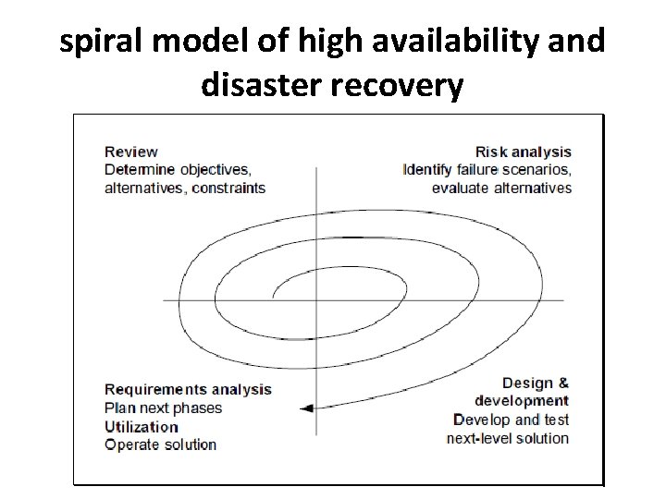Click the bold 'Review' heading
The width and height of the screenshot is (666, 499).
pos(131,152)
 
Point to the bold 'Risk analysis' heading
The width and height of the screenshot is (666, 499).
pos(523,152)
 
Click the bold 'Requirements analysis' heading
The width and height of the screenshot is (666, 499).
pos(188,389)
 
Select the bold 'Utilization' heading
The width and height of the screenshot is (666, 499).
pos(142,426)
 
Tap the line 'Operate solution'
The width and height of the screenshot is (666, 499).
pos(160,444)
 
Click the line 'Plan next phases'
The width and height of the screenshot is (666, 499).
pos(163,408)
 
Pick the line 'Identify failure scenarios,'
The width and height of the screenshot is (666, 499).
pos(487,170)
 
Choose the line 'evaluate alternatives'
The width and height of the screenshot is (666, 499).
pos(501,188)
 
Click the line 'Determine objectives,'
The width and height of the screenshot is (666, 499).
pos(177,170)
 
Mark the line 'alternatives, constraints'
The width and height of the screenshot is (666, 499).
pos(184,188)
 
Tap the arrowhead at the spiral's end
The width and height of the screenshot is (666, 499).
pos(306,408)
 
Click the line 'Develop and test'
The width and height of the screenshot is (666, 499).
pos(512,419)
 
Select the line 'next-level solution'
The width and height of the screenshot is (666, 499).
pos(507,437)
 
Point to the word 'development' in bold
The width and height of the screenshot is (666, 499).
pos(522,400)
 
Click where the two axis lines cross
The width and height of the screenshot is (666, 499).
pos(316,299)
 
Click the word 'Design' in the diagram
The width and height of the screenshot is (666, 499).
pos(526,383)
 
